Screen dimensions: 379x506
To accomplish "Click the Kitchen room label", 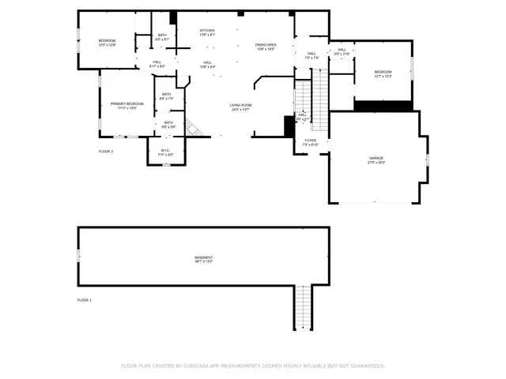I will [207, 31].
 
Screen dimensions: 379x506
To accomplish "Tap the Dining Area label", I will [266, 45].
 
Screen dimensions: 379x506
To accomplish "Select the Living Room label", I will [240, 105].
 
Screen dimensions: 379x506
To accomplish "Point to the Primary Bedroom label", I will [126, 103].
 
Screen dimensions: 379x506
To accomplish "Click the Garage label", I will [376, 158].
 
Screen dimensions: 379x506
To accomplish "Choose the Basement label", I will [204, 257].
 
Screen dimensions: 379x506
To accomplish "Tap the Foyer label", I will [310, 141].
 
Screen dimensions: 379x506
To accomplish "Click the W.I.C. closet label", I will [165, 150].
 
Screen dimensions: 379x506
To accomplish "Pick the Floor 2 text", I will [106, 151].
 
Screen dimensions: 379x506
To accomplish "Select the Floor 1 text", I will [85, 300].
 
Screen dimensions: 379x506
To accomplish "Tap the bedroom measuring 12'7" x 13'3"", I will [383, 72].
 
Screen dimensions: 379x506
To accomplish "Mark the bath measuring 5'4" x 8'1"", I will [162, 36].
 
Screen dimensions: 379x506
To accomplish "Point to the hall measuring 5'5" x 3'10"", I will [342, 51].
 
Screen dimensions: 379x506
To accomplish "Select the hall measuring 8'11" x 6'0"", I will [157, 64].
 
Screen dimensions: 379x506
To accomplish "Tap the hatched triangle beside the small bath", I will [194, 127].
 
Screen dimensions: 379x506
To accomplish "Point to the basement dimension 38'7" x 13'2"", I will [204, 261].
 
